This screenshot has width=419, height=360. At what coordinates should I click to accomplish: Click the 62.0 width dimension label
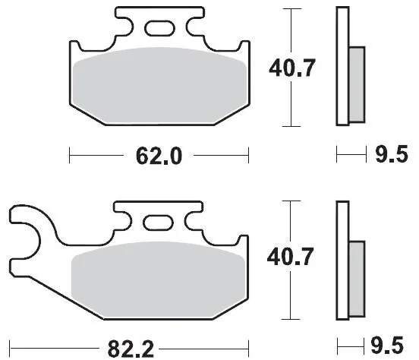(x=159, y=156)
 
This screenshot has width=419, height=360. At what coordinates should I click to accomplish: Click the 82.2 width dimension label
(x=131, y=349)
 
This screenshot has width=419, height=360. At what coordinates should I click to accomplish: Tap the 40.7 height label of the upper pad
(x=292, y=68)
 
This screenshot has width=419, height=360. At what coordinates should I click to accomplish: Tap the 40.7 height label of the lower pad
(x=290, y=257)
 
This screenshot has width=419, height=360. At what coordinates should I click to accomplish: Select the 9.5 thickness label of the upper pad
(x=392, y=154)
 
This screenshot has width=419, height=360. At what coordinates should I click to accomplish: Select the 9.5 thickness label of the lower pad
(x=387, y=346)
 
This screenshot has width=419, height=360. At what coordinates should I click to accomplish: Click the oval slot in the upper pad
(x=159, y=28)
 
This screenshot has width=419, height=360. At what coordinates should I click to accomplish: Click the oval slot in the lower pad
(x=158, y=223)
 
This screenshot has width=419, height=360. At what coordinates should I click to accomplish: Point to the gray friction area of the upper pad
(x=159, y=86)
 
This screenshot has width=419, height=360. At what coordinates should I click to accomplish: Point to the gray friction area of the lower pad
(x=158, y=279)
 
